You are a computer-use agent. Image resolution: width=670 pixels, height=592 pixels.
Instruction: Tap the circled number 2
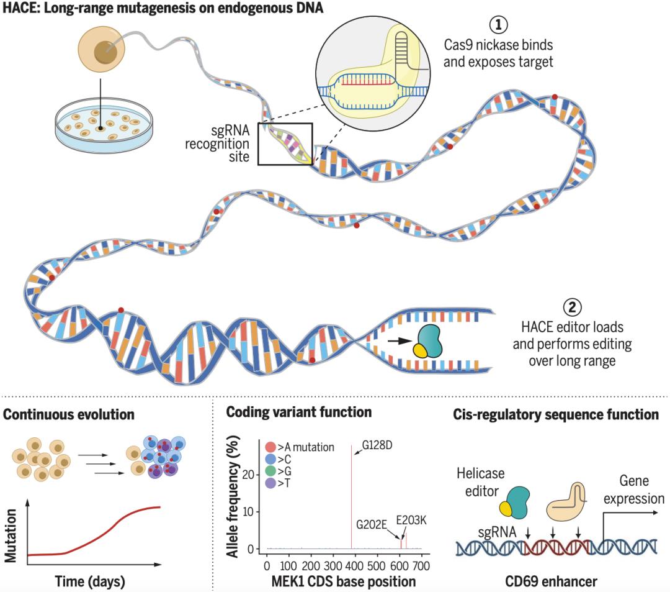(x=572, y=307)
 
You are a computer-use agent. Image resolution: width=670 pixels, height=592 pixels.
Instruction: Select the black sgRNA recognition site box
(x=285, y=143)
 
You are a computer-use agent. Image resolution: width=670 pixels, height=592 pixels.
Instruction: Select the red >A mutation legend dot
(x=269, y=447)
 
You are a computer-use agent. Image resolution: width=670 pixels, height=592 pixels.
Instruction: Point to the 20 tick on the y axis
(x=248, y=475)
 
